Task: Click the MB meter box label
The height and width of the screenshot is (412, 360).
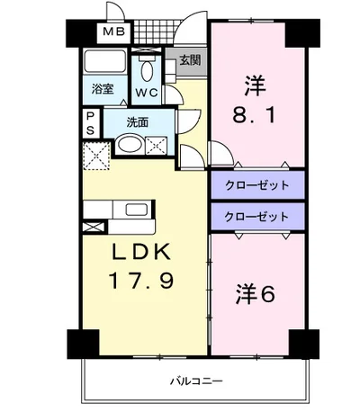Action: click(114, 31)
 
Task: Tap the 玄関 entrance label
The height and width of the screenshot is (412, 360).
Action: click(190, 60)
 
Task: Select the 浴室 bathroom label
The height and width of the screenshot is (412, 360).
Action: click(103, 89)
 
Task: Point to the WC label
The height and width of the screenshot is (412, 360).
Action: click(147, 93)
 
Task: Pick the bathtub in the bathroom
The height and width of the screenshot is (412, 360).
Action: click(105, 61)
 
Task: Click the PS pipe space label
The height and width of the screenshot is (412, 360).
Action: click(90, 123)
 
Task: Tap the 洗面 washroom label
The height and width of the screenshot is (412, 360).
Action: click(138, 122)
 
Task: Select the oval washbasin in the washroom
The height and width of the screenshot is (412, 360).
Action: click(130, 145)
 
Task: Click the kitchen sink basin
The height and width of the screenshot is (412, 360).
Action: click(137, 210)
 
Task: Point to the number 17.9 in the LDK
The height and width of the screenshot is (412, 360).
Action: click(142, 281)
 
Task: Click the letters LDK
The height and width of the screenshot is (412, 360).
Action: click(141, 251)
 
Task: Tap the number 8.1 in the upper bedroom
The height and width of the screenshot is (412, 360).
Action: click(254, 115)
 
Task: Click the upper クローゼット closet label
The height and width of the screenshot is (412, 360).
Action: click(257, 185)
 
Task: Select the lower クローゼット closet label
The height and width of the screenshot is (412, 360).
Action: click(257, 217)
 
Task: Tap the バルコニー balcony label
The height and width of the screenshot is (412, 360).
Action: click(196, 381)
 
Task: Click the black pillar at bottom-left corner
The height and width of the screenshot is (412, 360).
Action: click(83, 344)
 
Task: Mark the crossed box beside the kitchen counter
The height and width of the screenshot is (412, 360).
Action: click(94, 227)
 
